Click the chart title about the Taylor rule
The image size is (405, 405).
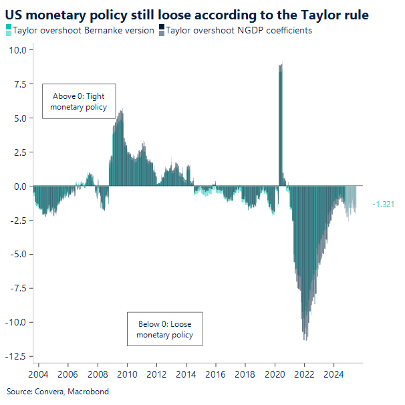[x=187, y=13]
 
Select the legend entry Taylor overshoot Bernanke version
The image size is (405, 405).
[x=84, y=30]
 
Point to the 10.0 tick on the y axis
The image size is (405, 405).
[x=18, y=50]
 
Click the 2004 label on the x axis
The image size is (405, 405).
[x=39, y=374]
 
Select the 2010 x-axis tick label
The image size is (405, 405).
[x=127, y=374]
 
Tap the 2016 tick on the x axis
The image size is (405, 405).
[x=216, y=374]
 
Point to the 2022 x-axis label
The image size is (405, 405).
[x=305, y=374]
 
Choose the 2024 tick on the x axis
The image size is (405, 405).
[x=334, y=374]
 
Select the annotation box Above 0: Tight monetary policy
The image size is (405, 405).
[x=79, y=102]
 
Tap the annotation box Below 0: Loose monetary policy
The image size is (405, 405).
[x=164, y=329]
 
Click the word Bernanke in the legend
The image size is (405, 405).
[x=103, y=30]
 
